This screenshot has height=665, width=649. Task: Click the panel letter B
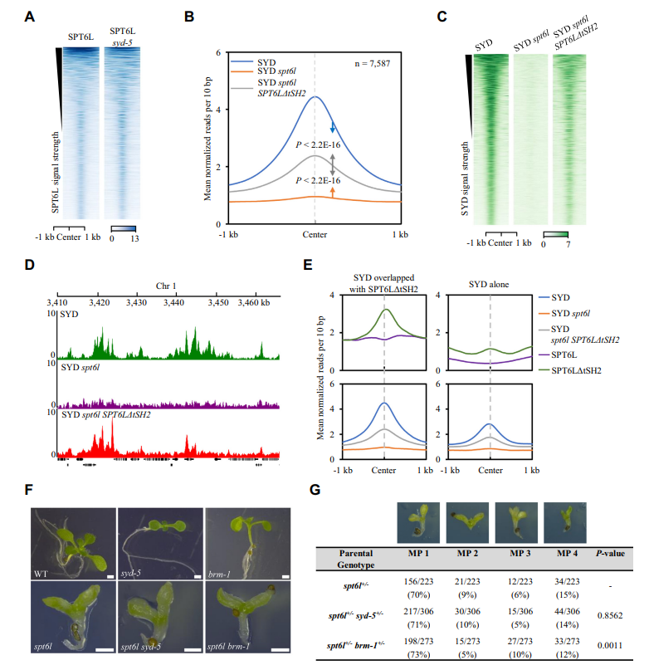click(189, 16)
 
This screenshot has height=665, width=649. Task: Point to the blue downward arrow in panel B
click(332, 127)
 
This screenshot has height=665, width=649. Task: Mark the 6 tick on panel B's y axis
click(217, 52)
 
